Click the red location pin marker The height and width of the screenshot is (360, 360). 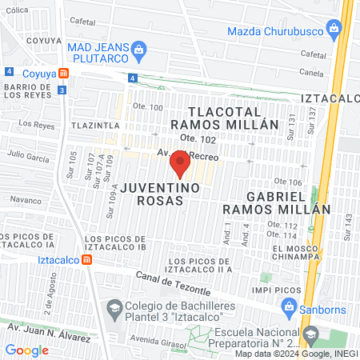click(180, 164)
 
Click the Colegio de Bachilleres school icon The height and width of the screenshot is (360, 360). click(115, 308)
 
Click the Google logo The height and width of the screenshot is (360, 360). click(26, 350)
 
